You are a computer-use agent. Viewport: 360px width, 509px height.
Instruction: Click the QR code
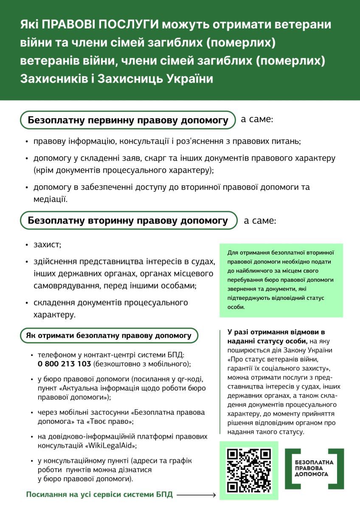(249, 470)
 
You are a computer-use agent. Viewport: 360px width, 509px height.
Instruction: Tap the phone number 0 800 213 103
(64, 364)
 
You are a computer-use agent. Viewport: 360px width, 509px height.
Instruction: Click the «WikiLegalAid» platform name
(112, 446)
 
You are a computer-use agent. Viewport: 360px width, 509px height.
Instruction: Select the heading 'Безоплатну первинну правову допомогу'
(128, 120)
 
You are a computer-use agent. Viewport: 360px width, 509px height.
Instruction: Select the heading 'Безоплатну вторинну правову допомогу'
(128, 221)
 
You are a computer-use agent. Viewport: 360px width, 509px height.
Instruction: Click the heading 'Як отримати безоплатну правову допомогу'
(109, 336)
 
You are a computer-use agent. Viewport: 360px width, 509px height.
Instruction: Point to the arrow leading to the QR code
(196, 495)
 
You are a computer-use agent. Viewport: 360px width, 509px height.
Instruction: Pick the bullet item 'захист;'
(48, 245)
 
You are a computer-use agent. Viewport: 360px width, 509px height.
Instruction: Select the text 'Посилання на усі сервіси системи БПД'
(100, 495)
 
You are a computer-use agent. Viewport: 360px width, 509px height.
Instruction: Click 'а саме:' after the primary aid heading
(257, 119)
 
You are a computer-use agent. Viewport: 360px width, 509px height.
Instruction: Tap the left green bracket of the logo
(289, 469)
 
